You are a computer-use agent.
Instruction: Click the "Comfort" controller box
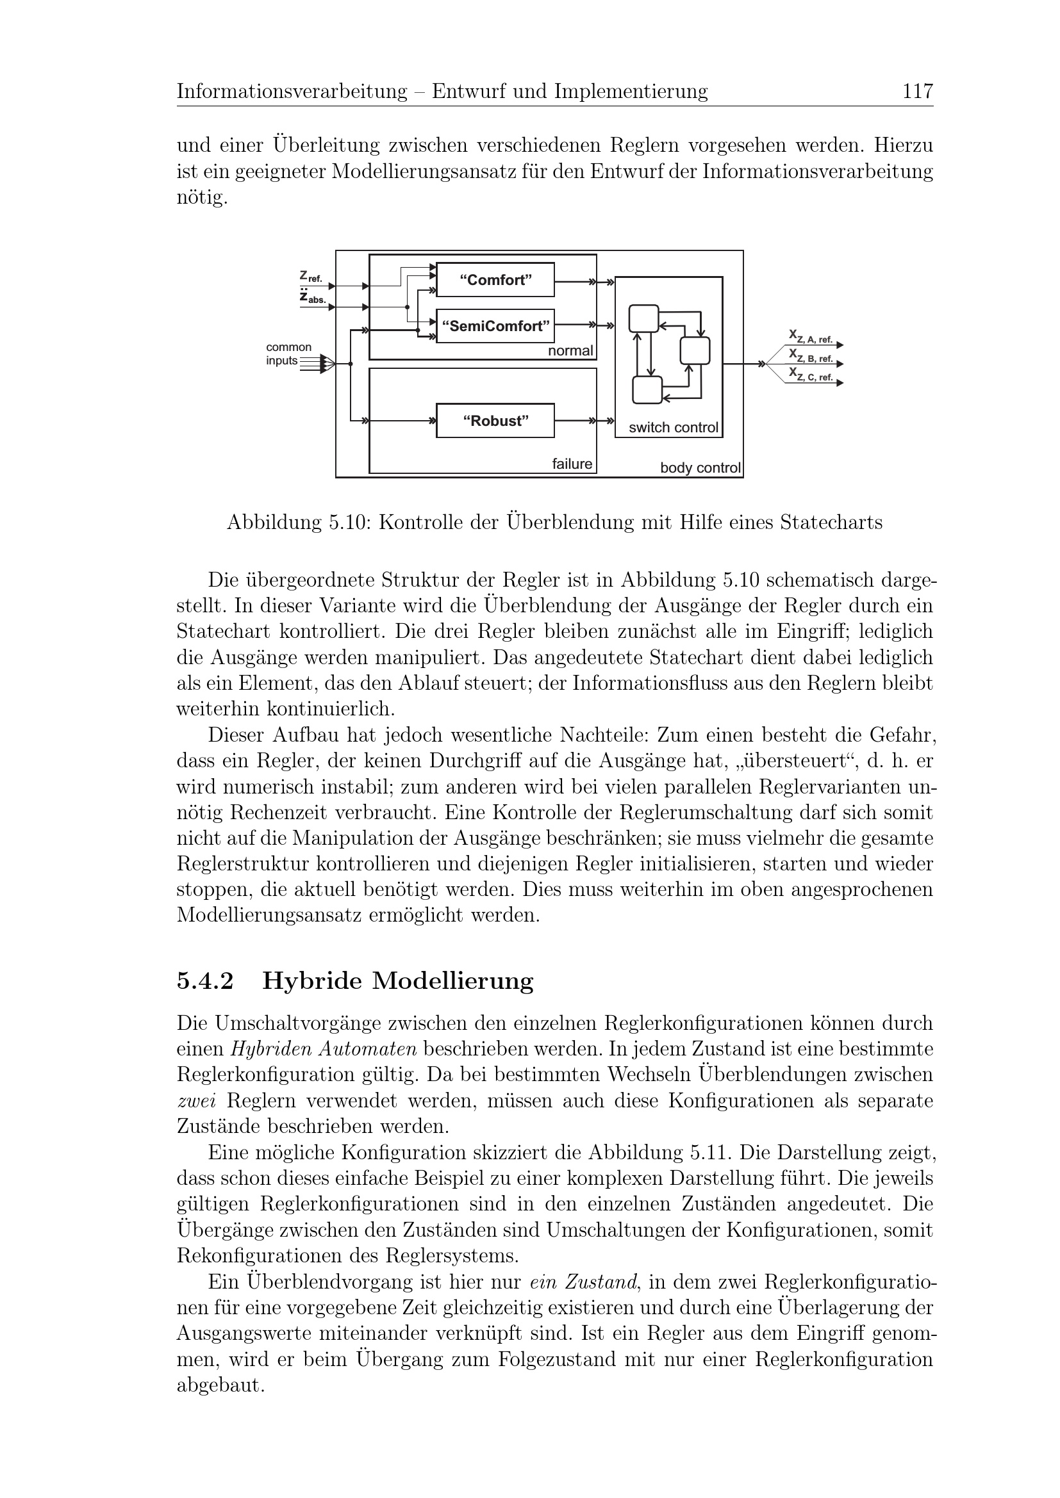point(495,280)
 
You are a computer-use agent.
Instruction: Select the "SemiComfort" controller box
point(495,325)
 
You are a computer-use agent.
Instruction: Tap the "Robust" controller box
point(495,421)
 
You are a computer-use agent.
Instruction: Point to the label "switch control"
point(673,428)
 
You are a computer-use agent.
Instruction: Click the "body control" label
point(700,468)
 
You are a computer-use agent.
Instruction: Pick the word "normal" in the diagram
point(570,351)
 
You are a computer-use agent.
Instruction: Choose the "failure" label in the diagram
point(572,464)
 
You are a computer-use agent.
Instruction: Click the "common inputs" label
point(288,354)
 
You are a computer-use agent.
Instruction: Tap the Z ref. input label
point(311,277)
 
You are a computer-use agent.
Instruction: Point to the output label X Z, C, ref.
point(811,374)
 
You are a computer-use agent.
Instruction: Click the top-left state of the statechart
point(643,319)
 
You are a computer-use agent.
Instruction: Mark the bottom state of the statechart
point(647,390)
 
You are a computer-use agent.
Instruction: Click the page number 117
point(918,92)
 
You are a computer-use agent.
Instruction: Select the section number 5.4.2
point(205,981)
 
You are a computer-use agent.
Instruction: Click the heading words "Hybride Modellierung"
point(397,981)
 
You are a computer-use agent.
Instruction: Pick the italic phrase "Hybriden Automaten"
point(324,1049)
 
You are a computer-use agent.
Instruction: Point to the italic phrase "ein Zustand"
point(583,1282)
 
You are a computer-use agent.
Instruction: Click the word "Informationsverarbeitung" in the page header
point(292,92)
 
